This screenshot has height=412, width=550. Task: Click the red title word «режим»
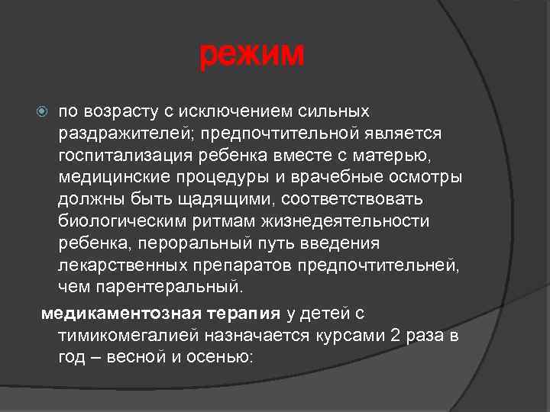click(252, 54)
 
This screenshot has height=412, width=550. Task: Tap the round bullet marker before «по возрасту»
click(44, 112)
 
